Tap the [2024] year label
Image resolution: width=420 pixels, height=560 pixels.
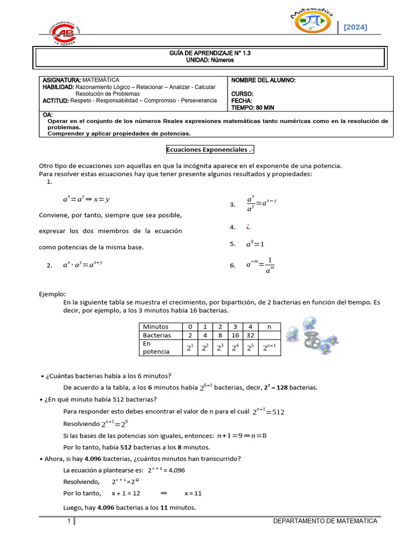[x=355, y=27]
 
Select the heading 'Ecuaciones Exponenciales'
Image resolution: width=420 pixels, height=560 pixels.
[x=210, y=150]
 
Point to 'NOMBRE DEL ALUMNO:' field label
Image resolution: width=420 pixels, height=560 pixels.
[x=264, y=80]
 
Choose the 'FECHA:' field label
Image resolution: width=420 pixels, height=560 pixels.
[x=242, y=101]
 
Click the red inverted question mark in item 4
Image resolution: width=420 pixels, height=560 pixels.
[x=247, y=227]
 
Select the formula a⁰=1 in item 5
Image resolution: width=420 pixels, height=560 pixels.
[x=254, y=244]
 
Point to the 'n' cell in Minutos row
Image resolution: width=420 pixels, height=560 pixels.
[x=268, y=326]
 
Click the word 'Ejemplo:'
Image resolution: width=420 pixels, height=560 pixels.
[x=52, y=294]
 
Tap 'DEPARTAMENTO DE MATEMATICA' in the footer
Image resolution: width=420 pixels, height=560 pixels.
[x=325, y=521]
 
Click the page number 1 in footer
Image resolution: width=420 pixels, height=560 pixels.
[x=69, y=522]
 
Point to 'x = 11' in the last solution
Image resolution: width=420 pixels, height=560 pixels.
[x=193, y=493]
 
